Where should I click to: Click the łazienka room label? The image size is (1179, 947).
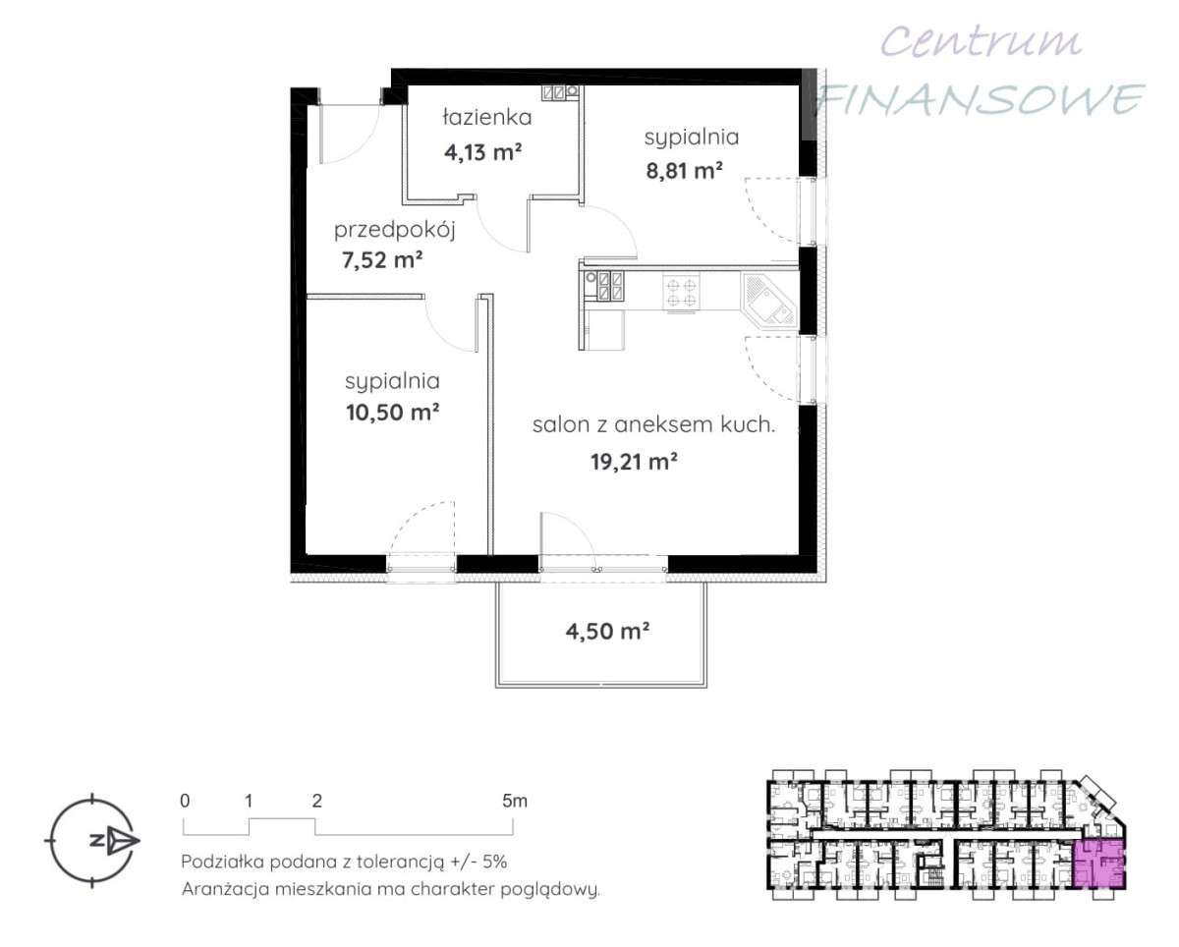487,117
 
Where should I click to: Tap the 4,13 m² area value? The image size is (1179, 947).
482,152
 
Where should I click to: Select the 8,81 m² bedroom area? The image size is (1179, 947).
684,172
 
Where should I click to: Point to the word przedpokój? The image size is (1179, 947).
394,231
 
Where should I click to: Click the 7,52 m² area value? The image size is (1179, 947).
382,260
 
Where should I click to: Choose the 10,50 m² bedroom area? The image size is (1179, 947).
392,412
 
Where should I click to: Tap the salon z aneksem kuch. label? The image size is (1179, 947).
653,424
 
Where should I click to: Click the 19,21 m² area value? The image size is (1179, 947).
634,462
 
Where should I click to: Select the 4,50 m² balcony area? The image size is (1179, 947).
607,632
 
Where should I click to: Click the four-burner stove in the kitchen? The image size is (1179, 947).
681,293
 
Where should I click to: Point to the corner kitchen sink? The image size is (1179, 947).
768,301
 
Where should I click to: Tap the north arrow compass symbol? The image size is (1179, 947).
92,840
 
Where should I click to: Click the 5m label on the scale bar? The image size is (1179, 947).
515,802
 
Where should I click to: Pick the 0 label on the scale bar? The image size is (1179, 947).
185,802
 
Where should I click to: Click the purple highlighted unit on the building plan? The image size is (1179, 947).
1099,866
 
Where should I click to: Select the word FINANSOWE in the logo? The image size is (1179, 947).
981,99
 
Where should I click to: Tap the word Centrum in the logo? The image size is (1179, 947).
981,42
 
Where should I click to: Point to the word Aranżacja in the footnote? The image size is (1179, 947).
226,889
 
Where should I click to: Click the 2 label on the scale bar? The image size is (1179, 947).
316,802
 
